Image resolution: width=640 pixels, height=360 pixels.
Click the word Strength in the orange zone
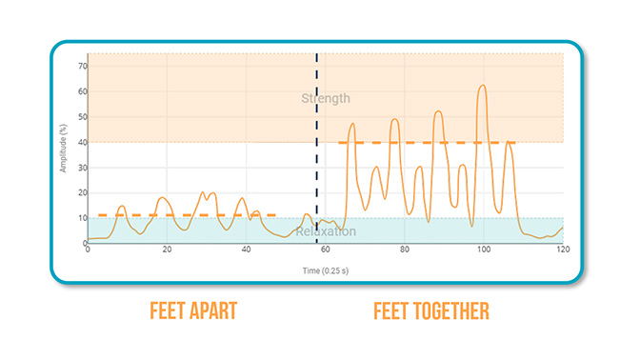point(326,98)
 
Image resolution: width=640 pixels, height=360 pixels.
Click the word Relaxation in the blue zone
point(326,231)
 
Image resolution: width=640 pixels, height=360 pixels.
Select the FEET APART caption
point(193,311)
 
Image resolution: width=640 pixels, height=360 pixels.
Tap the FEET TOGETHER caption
point(431,311)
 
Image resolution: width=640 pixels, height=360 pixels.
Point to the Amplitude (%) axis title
point(63,149)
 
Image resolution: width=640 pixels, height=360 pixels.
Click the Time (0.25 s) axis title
point(326,270)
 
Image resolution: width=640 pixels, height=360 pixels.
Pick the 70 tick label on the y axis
point(83,66)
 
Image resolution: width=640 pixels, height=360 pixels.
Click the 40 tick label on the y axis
point(83,142)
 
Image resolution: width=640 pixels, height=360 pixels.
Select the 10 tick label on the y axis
point(83,218)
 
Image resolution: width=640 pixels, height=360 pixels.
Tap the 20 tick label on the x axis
point(167,250)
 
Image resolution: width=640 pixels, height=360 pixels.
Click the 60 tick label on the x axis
point(326,250)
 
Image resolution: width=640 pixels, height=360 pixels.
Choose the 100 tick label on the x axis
point(484,250)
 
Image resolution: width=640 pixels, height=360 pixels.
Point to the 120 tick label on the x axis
point(563,250)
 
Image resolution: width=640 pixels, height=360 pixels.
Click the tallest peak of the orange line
point(483,86)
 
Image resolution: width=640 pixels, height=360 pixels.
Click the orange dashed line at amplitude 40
point(427,143)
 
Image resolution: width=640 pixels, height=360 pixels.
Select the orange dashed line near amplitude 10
point(187,215)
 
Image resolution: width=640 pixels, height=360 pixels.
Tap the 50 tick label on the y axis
point(83,117)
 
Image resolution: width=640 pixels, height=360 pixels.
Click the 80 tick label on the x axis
point(405,250)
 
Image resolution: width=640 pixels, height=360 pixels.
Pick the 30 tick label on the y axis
point(83,168)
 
